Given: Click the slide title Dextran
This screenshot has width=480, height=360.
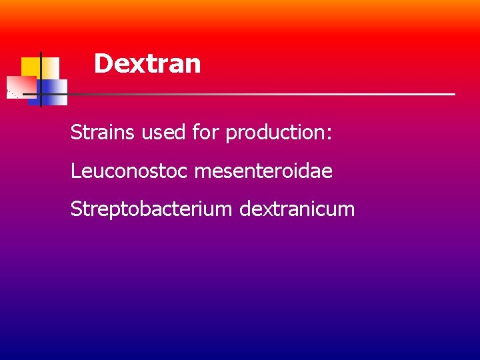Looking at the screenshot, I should pyautogui.click(x=147, y=64).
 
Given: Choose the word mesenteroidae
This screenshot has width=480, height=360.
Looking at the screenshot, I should pyautogui.click(x=263, y=171).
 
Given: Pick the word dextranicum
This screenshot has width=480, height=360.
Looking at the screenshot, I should pyautogui.click(x=297, y=209).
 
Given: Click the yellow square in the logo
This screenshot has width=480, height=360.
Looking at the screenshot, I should pyautogui.click(x=31, y=67).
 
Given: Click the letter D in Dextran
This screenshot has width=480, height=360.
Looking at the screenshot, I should pyautogui.click(x=103, y=64).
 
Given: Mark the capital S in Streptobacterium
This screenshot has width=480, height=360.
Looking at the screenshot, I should pyautogui.click(x=76, y=209).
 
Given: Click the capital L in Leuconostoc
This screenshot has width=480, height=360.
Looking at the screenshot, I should pyautogui.click(x=75, y=171).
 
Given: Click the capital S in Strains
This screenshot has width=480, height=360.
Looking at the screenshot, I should pyautogui.click(x=76, y=133).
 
